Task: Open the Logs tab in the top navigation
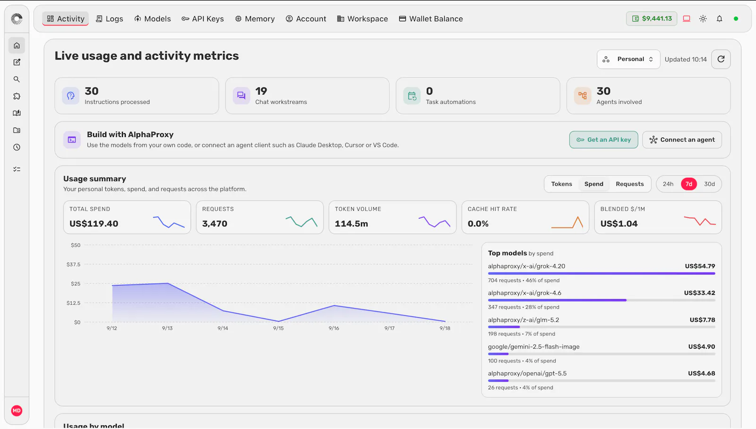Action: click(x=109, y=19)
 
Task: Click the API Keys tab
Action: click(x=203, y=19)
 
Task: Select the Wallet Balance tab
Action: click(x=431, y=19)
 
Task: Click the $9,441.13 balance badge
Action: click(x=652, y=18)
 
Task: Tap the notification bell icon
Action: click(x=720, y=18)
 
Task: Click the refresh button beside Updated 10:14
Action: click(x=721, y=60)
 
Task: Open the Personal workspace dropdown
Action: click(x=628, y=60)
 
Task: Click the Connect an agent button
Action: click(x=682, y=140)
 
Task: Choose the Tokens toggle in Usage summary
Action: click(x=562, y=184)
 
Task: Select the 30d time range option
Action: click(x=709, y=184)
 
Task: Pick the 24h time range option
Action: click(x=668, y=184)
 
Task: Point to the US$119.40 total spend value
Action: click(x=94, y=223)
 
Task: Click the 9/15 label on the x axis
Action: click(x=278, y=328)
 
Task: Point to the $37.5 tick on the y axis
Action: click(x=74, y=264)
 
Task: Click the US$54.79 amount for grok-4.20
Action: click(x=700, y=266)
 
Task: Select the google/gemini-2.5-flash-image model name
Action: click(x=533, y=347)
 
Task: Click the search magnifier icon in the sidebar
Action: click(x=17, y=79)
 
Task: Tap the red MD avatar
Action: click(x=17, y=411)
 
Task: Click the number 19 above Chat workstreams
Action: click(x=261, y=91)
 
